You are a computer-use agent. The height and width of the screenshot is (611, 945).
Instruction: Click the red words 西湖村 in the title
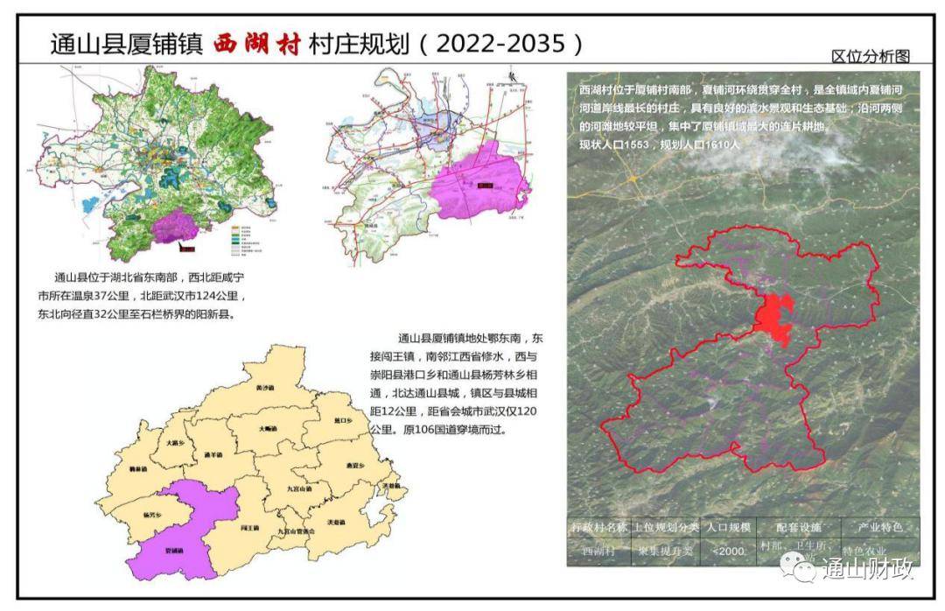[257, 43]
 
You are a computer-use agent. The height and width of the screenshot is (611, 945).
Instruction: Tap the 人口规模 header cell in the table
[727, 528]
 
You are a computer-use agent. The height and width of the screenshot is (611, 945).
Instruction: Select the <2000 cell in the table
[728, 551]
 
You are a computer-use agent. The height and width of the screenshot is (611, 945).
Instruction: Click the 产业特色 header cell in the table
[880, 528]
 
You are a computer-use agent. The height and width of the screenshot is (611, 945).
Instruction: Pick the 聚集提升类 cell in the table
[664, 551]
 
